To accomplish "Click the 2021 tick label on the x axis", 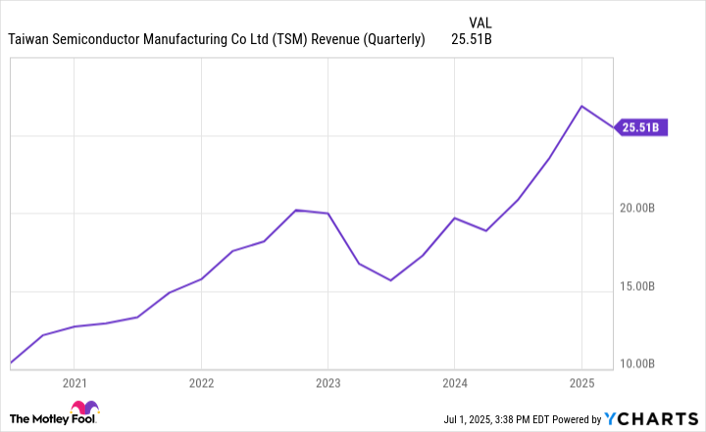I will click(x=75, y=382).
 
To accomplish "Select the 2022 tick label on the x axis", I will click(x=201, y=382).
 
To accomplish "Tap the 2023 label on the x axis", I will click(x=328, y=382).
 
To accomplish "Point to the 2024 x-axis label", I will click(x=454, y=382).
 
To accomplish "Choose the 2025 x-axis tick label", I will click(x=581, y=382).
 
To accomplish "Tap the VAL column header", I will click(x=481, y=20).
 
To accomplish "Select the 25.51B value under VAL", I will click(x=473, y=40).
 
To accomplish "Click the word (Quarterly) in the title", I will click(x=394, y=40).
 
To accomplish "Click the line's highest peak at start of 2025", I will click(x=581, y=106).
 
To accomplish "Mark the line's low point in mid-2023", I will click(x=391, y=280).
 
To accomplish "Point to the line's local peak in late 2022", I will click(x=296, y=210).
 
